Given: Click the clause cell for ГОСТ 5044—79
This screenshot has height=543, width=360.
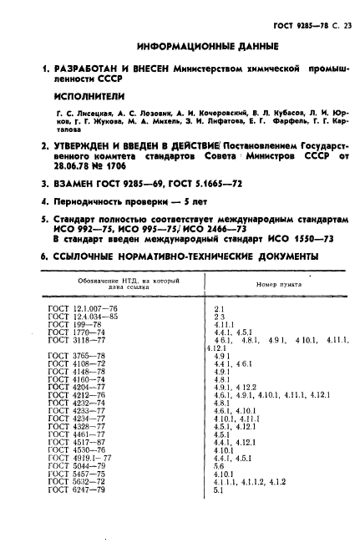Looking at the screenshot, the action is [x=220, y=466].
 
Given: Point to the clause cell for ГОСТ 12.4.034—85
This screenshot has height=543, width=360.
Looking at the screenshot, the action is [x=218, y=316].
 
